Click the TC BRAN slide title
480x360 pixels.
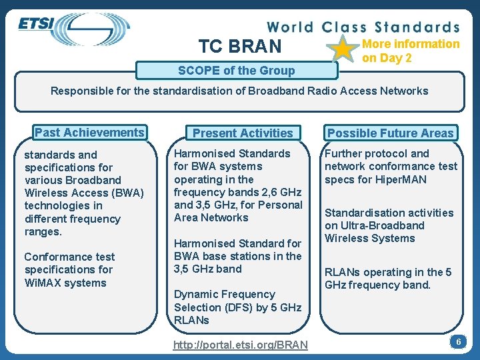pyautogui.click(x=240, y=46)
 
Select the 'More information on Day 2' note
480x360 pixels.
pyautogui.click(x=410, y=51)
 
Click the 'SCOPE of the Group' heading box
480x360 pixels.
pyautogui.click(x=236, y=71)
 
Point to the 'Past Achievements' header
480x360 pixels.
pyautogui.click(x=89, y=133)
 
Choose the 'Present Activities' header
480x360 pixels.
pyautogui.click(x=243, y=133)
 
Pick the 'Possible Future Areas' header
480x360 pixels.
pyautogui.click(x=390, y=133)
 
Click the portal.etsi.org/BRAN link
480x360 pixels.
pyautogui.click(x=241, y=345)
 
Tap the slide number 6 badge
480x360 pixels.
pyautogui.click(x=458, y=342)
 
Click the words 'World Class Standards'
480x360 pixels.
pyautogui.click(x=363, y=27)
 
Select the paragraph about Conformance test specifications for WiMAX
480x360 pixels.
pyautogui.click(x=69, y=270)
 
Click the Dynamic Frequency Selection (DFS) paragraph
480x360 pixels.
pyautogui.click(x=237, y=307)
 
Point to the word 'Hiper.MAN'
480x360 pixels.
pyautogui.click(x=401, y=179)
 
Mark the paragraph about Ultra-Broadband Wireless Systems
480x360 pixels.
pyautogui.click(x=389, y=225)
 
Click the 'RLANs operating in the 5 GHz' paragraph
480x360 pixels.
pyautogui.click(x=387, y=279)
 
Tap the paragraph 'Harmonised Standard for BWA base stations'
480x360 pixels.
pyautogui.click(x=237, y=256)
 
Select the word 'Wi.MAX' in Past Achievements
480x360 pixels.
pyautogui.click(x=42, y=283)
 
